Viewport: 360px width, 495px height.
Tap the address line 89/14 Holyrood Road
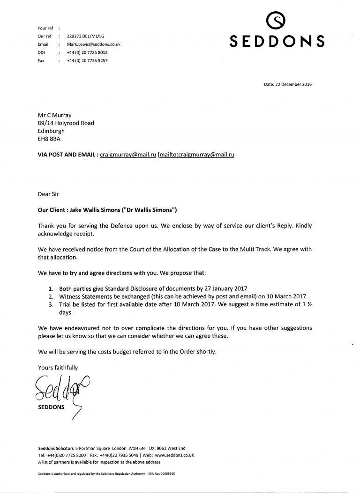click(x=66, y=123)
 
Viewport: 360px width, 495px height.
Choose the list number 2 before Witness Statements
click(x=51, y=296)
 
